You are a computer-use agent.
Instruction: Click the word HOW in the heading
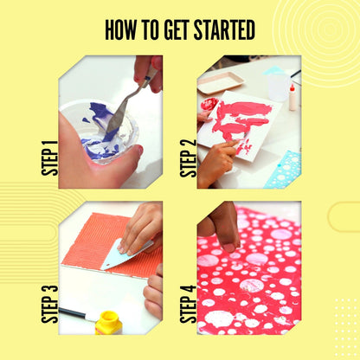pyautogui.click(x=122, y=30)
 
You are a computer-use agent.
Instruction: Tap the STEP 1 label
pyautogui.click(x=49, y=158)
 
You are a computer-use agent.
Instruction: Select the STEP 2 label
pyautogui.click(x=189, y=158)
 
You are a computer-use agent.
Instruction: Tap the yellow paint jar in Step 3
pyautogui.click(x=109, y=323)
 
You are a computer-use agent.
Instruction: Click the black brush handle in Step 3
pyautogui.click(x=74, y=312)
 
